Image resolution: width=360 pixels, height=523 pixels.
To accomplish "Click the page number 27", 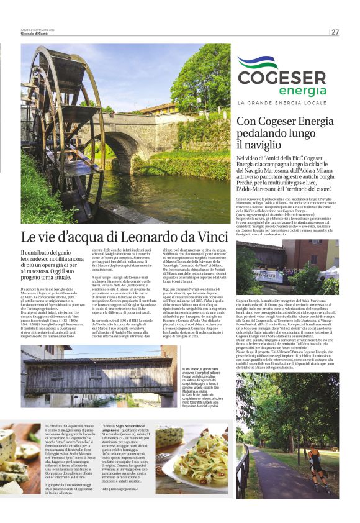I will pyautogui.click(x=335, y=32).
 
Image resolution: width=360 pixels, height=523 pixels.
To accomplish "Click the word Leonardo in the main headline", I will pyautogui.click(x=139, y=237).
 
